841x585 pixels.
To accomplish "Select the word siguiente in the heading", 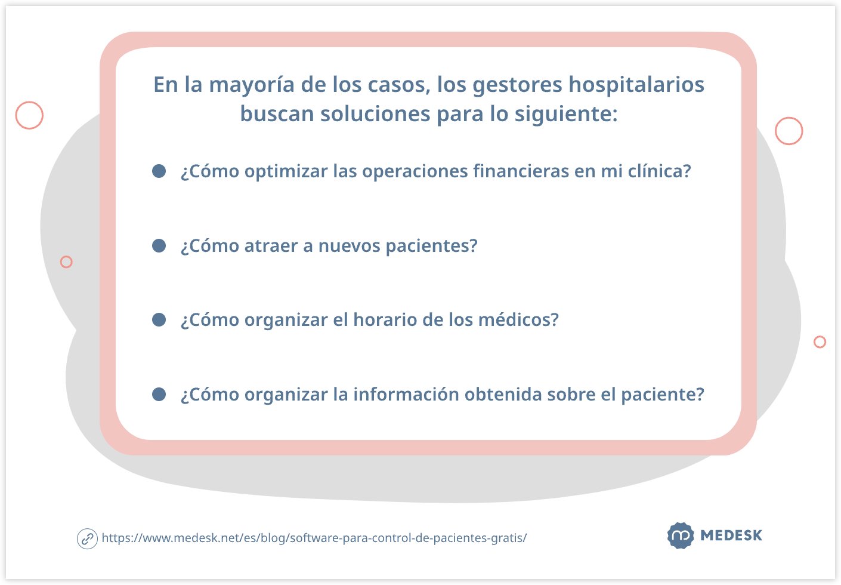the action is point(562,114).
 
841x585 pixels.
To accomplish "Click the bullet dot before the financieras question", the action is point(159,171).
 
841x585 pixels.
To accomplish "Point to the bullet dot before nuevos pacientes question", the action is point(159,246).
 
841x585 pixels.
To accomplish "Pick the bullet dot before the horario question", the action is point(159,320).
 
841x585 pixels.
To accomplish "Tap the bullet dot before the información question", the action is point(159,394).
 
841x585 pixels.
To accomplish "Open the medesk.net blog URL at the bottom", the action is point(314,538).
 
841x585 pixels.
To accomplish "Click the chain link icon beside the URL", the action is point(87,539).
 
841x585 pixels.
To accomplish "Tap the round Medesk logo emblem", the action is point(681,535).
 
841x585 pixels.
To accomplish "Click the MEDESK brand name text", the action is point(731,535).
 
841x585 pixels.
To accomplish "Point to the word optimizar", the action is point(286,172).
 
